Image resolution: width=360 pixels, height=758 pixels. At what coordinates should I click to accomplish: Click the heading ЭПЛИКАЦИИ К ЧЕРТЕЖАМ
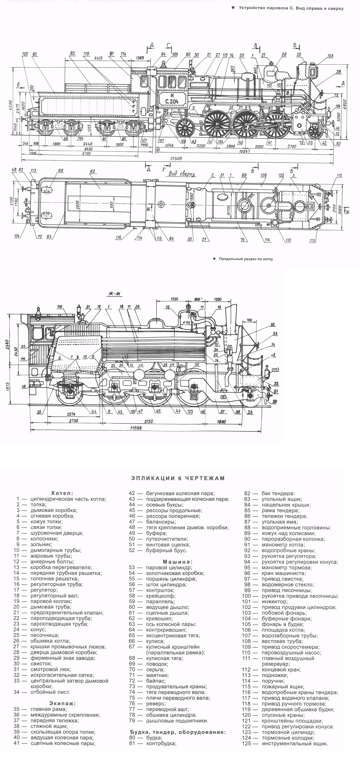(178, 478)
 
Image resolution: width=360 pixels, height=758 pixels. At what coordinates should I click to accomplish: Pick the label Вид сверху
(182, 174)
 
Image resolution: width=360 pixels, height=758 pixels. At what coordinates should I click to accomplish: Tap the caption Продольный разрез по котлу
(246, 259)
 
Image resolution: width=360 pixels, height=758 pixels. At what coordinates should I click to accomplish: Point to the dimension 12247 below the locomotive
(244, 151)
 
